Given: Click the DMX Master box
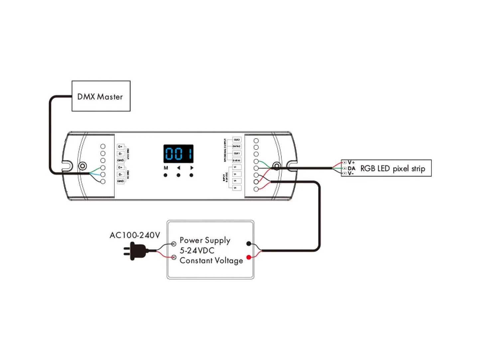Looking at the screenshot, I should coord(101,96).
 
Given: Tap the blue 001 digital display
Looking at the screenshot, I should coord(179,154).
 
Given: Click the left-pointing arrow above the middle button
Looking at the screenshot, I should coord(179,168).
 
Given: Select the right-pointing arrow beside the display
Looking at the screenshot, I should coord(191,168).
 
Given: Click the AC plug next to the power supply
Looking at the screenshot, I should coord(136,251).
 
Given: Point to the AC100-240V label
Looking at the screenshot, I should coord(135,235).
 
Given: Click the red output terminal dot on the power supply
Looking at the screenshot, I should coord(249,257).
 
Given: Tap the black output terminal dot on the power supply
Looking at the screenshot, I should coord(249,244).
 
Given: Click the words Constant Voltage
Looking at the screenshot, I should coord(211,261).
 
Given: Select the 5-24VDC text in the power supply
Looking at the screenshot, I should coord(197,250).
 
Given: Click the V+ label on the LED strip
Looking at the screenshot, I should coord(351,163).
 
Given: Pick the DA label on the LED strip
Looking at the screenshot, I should coord(351,168).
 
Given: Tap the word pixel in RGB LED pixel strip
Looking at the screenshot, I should coord(401,169).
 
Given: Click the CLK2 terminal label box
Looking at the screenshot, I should coord(237,140).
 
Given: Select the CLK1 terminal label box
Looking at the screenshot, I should coord(237,153).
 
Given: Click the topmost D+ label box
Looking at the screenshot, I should coord(120,147).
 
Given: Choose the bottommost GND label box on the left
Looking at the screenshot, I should coord(120,181).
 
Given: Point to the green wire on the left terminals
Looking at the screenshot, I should coord(96,171).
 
